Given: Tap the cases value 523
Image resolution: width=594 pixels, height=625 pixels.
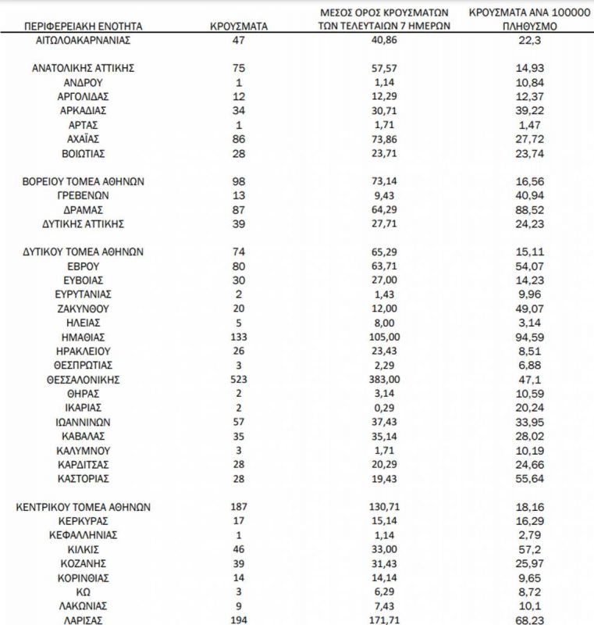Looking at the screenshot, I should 239,379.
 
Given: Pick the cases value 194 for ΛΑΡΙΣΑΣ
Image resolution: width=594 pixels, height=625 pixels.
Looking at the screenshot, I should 239,620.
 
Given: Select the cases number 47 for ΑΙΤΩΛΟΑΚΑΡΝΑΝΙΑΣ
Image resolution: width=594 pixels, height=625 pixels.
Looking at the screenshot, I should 239,39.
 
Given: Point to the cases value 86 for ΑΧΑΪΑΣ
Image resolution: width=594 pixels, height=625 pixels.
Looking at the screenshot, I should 239,139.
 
